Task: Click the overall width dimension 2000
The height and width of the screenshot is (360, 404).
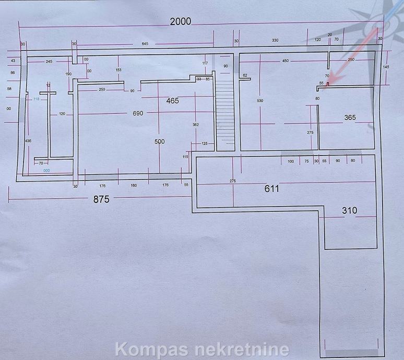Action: [180, 21]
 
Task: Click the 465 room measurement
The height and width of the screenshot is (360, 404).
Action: [172, 100]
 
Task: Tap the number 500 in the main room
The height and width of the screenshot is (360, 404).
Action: [159, 141]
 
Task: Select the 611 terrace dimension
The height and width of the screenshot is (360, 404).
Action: [271, 189]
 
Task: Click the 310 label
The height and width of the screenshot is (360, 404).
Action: [349, 211]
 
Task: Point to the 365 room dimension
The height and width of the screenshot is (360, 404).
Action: [350, 118]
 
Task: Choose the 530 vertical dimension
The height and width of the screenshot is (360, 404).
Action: [260, 100]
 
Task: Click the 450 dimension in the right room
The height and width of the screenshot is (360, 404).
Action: [285, 61]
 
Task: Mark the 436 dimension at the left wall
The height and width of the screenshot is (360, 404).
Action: [28, 141]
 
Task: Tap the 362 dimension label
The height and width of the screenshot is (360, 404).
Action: [195, 125]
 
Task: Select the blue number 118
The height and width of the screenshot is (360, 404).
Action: [36, 99]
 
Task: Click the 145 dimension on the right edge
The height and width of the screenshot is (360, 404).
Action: [385, 67]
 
